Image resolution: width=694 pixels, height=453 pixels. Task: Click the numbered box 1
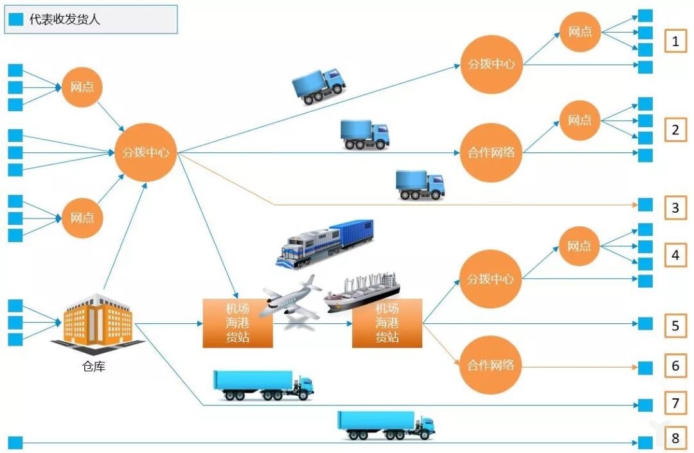pos(675,42)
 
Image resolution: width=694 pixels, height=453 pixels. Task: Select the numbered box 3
pos(675,208)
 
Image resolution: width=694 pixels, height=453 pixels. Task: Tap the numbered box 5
pos(675,325)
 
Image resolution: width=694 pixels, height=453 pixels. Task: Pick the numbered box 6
pos(675,366)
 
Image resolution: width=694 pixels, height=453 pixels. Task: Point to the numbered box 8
pos(675,439)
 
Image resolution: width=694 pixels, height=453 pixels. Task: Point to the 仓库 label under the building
pos(94,367)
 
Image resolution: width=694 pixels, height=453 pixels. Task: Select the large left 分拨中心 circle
pos(145,153)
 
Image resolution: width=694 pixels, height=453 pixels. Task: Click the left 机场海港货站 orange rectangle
pos(238,323)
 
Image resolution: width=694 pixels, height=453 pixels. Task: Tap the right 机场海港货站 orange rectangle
pos(387,323)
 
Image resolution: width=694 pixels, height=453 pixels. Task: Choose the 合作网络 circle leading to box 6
pos(490,366)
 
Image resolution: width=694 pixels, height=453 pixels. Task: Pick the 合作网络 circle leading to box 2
pos(490,154)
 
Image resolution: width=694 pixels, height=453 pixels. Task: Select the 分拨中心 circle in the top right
pos(490,64)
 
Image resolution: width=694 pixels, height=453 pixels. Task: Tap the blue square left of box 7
pos(645,405)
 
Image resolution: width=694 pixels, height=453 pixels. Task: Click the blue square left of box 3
pos(645,205)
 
